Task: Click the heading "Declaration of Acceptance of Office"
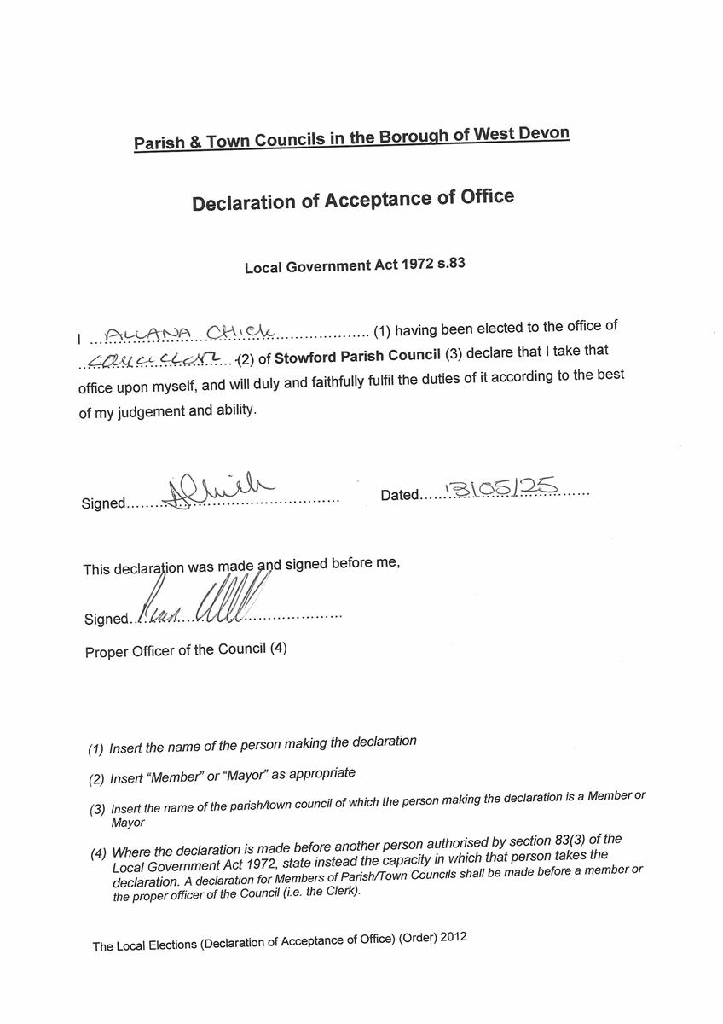[x=353, y=201]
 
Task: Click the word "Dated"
[x=400, y=495]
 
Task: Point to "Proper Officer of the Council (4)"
[x=186, y=650]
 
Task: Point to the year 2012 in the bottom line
[x=452, y=936]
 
